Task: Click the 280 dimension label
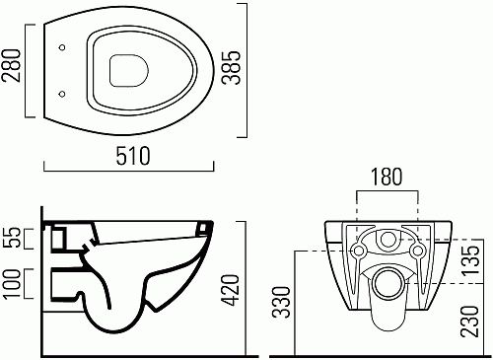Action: pos(11,65)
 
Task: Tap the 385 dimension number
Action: pos(231,68)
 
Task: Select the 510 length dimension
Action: pos(133,156)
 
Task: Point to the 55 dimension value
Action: pos(13,238)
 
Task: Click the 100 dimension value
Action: pos(13,284)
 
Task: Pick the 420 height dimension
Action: pos(229,290)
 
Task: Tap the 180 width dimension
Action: pos(387,177)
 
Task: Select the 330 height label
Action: pos(282,302)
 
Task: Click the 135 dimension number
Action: pos(469,260)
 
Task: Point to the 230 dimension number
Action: pos(469,322)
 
